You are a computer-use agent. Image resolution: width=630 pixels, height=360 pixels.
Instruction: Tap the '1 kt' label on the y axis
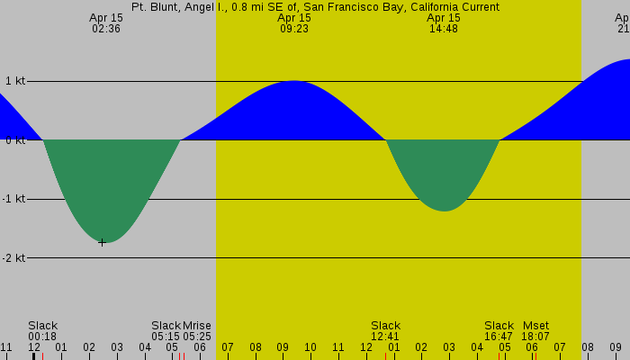14,81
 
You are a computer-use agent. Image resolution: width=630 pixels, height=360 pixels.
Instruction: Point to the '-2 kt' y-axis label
14,258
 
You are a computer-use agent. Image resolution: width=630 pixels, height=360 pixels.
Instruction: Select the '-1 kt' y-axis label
14,199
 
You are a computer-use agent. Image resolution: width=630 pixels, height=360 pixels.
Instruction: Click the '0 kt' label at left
14,140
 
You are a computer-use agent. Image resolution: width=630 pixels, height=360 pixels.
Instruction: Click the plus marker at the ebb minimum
102,242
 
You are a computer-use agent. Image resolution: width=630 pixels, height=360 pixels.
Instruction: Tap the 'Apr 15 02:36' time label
106,23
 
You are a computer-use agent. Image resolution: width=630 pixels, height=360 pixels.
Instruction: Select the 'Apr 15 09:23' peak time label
294,23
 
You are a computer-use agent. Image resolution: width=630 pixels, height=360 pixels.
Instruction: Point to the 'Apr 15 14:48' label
444,23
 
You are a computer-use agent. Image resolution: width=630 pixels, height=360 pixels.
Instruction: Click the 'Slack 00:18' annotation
42,331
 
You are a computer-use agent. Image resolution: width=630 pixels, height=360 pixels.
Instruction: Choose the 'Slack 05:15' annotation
166,331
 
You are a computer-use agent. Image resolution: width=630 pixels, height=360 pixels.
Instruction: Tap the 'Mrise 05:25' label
197,331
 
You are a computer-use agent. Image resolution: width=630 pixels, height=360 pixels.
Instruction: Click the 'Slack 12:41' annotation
385,331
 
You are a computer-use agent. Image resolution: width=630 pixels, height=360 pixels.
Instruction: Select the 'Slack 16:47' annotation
499,331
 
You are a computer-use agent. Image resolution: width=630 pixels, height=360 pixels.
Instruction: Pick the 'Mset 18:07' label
535,331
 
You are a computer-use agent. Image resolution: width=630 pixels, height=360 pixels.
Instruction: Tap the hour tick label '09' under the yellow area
283,347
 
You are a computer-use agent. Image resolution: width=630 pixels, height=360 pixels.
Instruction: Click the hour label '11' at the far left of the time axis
6,347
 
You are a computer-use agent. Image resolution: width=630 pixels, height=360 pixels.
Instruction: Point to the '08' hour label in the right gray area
588,347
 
